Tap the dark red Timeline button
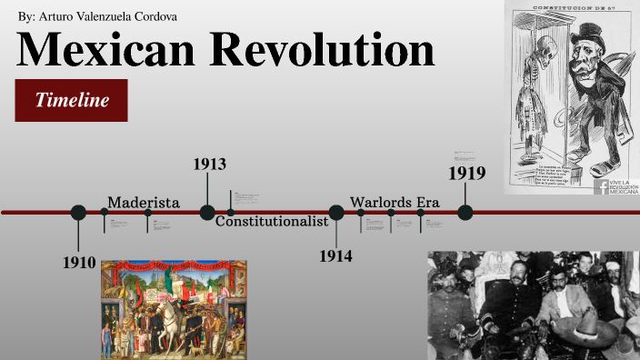click(x=72, y=100)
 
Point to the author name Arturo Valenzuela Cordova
click(x=108, y=16)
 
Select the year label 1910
click(x=79, y=263)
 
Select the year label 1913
click(x=209, y=165)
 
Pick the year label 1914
click(x=335, y=255)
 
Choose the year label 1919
click(x=467, y=173)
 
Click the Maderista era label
click(x=144, y=202)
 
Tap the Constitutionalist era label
click(x=271, y=221)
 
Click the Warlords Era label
click(x=395, y=202)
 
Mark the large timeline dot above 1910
click(x=78, y=213)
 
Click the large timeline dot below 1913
click(x=207, y=213)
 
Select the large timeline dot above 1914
click(x=336, y=213)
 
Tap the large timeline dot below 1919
click(x=465, y=213)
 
